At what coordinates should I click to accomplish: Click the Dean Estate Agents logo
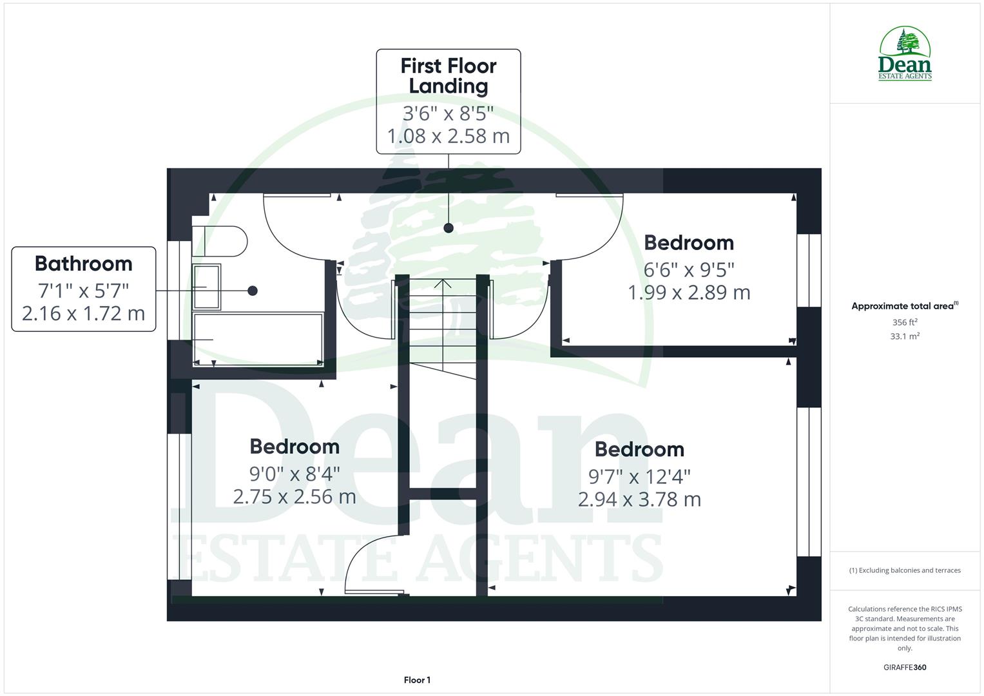[x=905, y=53]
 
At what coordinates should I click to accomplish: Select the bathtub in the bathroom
[x=258, y=338]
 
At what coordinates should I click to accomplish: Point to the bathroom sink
[x=207, y=286]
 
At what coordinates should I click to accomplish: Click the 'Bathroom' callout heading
[x=84, y=264]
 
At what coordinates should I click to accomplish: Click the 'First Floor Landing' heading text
[x=449, y=76]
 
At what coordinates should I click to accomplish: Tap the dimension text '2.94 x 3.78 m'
[x=639, y=499]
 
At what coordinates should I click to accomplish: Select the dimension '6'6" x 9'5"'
[x=689, y=269]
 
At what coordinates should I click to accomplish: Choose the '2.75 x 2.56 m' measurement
[x=294, y=497]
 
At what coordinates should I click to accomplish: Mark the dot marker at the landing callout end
[x=449, y=228]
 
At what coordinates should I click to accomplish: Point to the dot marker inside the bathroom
[x=253, y=291]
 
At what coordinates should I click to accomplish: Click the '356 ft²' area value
[x=905, y=322]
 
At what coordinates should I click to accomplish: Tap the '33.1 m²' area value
[x=905, y=336]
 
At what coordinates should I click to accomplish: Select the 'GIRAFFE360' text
[x=905, y=668]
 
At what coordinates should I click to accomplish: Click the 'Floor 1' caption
[x=417, y=680]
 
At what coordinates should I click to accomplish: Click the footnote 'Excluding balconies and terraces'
[x=905, y=570]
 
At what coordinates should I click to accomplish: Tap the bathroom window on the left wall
[x=179, y=290]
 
